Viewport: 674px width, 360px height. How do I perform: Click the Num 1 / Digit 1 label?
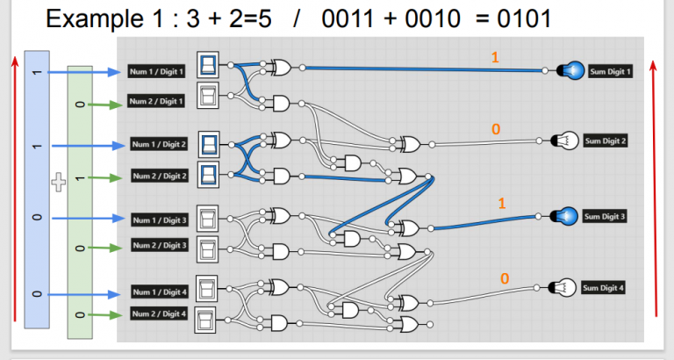coord(157,71)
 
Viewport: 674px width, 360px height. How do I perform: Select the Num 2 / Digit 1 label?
coord(157,101)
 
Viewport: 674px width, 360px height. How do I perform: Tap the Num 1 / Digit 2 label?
coord(160,144)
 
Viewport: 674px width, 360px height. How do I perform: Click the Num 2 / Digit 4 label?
coord(158,313)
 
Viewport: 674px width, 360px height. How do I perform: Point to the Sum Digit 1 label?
coord(607,71)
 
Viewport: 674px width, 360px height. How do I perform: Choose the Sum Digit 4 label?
coord(607,287)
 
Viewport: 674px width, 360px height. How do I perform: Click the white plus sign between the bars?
coord(59,183)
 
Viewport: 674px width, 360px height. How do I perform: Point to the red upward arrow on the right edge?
coord(657,184)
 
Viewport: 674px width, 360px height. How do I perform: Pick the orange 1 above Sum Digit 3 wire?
coord(502,203)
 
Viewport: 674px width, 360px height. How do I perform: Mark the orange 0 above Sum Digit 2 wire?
coord(495,129)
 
